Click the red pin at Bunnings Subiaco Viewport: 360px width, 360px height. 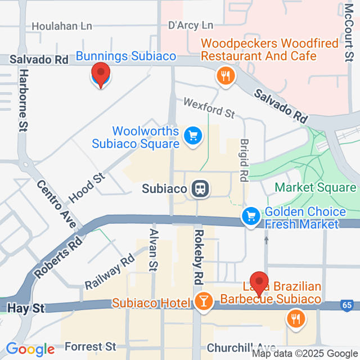pos(101,74)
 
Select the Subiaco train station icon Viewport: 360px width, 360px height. pos(200,189)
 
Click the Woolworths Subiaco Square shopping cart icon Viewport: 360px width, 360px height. pos(193,135)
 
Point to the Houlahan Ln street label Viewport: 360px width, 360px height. pos(61,26)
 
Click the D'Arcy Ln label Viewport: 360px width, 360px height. pos(191,26)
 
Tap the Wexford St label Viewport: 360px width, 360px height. pos(209,107)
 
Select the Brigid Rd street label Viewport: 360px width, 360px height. pos(244,160)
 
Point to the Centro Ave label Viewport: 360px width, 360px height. pos(57,204)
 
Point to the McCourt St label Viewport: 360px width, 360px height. pos(348,31)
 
